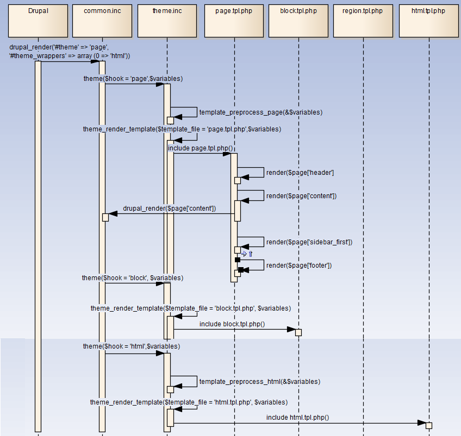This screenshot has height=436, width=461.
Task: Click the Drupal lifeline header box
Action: click(x=38, y=20)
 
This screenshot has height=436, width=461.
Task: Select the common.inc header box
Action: click(x=102, y=20)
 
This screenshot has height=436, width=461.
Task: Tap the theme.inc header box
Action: click(x=167, y=20)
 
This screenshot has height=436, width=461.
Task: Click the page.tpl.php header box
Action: click(x=234, y=20)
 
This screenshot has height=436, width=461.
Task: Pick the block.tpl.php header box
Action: click(x=298, y=20)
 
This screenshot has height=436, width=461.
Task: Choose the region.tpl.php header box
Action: click(x=363, y=20)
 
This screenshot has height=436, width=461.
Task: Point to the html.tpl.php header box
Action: click(x=429, y=20)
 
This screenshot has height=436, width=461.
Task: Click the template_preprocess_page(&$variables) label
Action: click(x=260, y=112)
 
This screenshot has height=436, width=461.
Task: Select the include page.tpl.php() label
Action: click(x=200, y=148)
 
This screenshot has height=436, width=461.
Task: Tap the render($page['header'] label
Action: click(x=300, y=173)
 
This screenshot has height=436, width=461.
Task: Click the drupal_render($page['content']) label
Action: click(x=169, y=208)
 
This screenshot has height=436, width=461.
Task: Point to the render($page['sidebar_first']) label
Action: click(x=309, y=242)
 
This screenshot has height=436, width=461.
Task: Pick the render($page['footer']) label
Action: click(x=298, y=266)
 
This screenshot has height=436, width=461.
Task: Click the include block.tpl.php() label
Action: click(x=232, y=324)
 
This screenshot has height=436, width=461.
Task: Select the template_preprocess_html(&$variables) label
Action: click(x=259, y=382)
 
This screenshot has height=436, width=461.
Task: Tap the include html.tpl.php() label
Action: click(x=297, y=418)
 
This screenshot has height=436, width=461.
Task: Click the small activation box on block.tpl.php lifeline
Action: click(x=298, y=332)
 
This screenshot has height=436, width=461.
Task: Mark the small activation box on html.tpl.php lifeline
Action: click(x=429, y=425)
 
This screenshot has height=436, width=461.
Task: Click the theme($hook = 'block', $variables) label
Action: click(x=132, y=278)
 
